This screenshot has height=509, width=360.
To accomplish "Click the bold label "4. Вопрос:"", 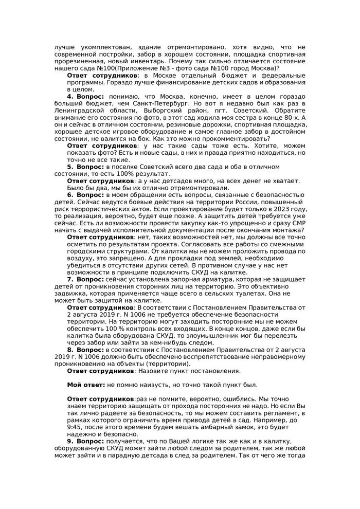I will point(86,97).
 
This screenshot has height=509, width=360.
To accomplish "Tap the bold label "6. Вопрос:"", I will point(86,195).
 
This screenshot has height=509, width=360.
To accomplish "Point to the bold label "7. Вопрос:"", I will point(86,279).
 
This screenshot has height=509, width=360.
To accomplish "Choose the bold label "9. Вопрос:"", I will point(86,441).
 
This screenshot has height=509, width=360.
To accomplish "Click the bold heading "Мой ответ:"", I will point(86,385).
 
